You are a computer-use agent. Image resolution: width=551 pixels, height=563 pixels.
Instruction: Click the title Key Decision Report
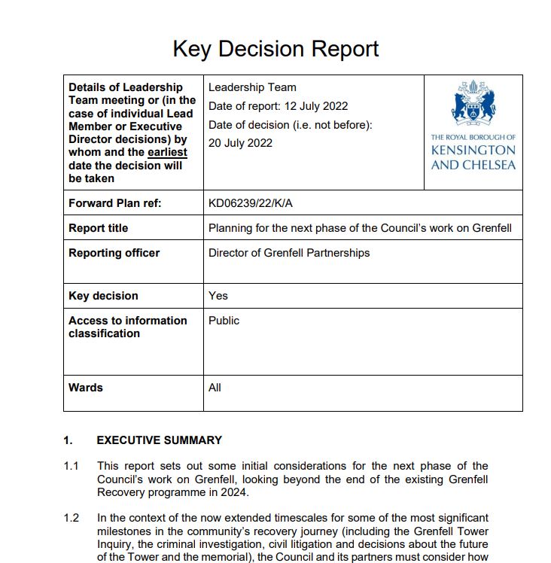coord(275,49)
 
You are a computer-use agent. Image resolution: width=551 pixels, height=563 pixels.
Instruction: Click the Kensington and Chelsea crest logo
coord(473,106)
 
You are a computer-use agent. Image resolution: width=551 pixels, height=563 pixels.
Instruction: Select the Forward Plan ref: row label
coord(115,203)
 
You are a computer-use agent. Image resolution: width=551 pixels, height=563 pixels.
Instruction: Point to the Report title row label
coord(99,228)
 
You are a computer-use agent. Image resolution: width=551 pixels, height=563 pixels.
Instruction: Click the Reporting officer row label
coord(114,253)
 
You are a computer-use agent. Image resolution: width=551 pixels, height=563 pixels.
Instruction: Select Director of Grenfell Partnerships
coord(289,253)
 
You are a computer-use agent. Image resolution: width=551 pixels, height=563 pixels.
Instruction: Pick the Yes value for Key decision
coord(218,296)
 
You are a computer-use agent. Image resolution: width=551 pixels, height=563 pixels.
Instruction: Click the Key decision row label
coord(103,296)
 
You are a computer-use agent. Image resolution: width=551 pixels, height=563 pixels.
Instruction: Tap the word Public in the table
coord(224,321)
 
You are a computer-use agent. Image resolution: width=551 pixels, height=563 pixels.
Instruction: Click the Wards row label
coord(86,388)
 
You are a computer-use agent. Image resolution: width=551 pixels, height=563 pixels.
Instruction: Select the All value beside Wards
coord(215,388)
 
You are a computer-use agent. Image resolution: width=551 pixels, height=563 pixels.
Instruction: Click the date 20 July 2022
coord(240,143)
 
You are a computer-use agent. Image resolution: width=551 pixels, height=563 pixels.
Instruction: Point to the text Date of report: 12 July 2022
coord(278,106)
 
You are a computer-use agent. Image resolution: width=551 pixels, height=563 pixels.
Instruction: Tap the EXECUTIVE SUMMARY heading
coord(160,440)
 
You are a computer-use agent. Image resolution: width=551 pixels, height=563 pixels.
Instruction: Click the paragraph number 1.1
coord(72,467)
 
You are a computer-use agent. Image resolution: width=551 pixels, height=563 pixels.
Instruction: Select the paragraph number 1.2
coord(72,518)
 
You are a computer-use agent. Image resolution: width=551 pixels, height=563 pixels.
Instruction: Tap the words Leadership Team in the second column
coord(252,88)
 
